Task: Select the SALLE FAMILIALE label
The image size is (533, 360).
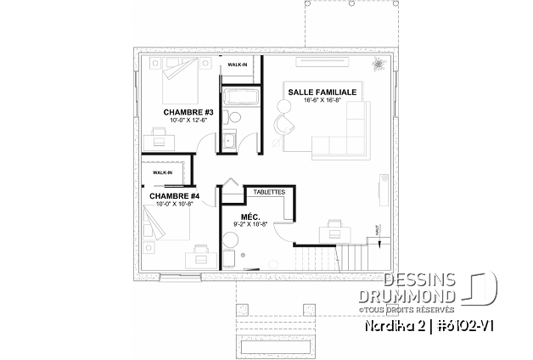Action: [322, 90]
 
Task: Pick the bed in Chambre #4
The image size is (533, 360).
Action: [161, 227]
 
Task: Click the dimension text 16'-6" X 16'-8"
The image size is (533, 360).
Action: [322, 99]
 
